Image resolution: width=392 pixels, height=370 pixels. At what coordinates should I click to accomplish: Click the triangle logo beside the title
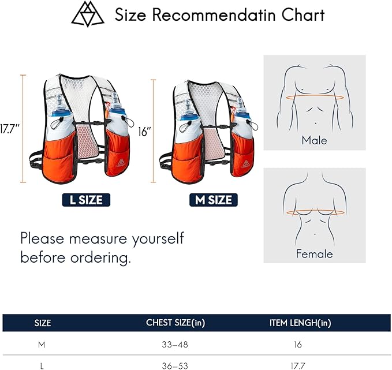coord(88,14)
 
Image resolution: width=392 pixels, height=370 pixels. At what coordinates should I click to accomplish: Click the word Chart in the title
coord(303,15)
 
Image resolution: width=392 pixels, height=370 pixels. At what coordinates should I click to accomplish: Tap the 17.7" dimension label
coord(9,129)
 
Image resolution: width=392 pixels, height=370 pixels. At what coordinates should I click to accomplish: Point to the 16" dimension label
coord(145,132)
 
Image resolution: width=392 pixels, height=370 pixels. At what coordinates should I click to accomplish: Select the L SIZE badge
coord(86,200)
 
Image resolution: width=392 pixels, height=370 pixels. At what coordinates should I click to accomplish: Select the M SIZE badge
coord(214,200)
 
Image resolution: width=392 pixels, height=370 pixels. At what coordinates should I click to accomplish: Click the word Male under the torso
coord(314,140)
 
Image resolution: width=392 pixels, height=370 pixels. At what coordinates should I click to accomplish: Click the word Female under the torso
coord(315,254)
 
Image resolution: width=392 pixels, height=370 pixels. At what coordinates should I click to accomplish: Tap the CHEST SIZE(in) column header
coord(176,323)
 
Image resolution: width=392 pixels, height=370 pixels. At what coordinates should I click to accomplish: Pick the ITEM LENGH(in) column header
coord(300,323)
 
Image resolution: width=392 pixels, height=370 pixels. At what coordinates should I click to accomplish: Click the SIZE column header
coord(43,323)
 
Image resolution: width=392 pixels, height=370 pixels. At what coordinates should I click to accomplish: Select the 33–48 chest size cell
coord(175,345)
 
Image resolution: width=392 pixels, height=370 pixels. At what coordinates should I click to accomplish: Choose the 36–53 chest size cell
coord(175,367)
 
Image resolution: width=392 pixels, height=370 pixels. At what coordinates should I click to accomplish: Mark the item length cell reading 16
coord(298,345)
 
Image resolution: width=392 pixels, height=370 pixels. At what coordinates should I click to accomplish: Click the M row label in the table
coord(42,345)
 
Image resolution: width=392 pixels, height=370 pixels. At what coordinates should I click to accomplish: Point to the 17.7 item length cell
coord(298,367)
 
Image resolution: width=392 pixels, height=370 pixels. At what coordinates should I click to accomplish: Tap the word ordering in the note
coord(101,258)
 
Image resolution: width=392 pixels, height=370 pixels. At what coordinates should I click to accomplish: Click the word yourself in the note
coord(158,239)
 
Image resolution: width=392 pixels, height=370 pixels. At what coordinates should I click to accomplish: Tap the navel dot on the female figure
coord(315,234)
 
